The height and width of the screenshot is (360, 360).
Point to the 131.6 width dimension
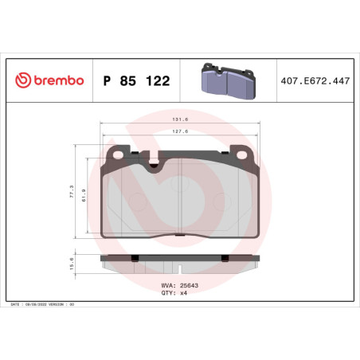[180, 121]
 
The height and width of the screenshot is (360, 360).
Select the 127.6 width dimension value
[180, 133]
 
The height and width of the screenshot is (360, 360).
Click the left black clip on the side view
[135, 257]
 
